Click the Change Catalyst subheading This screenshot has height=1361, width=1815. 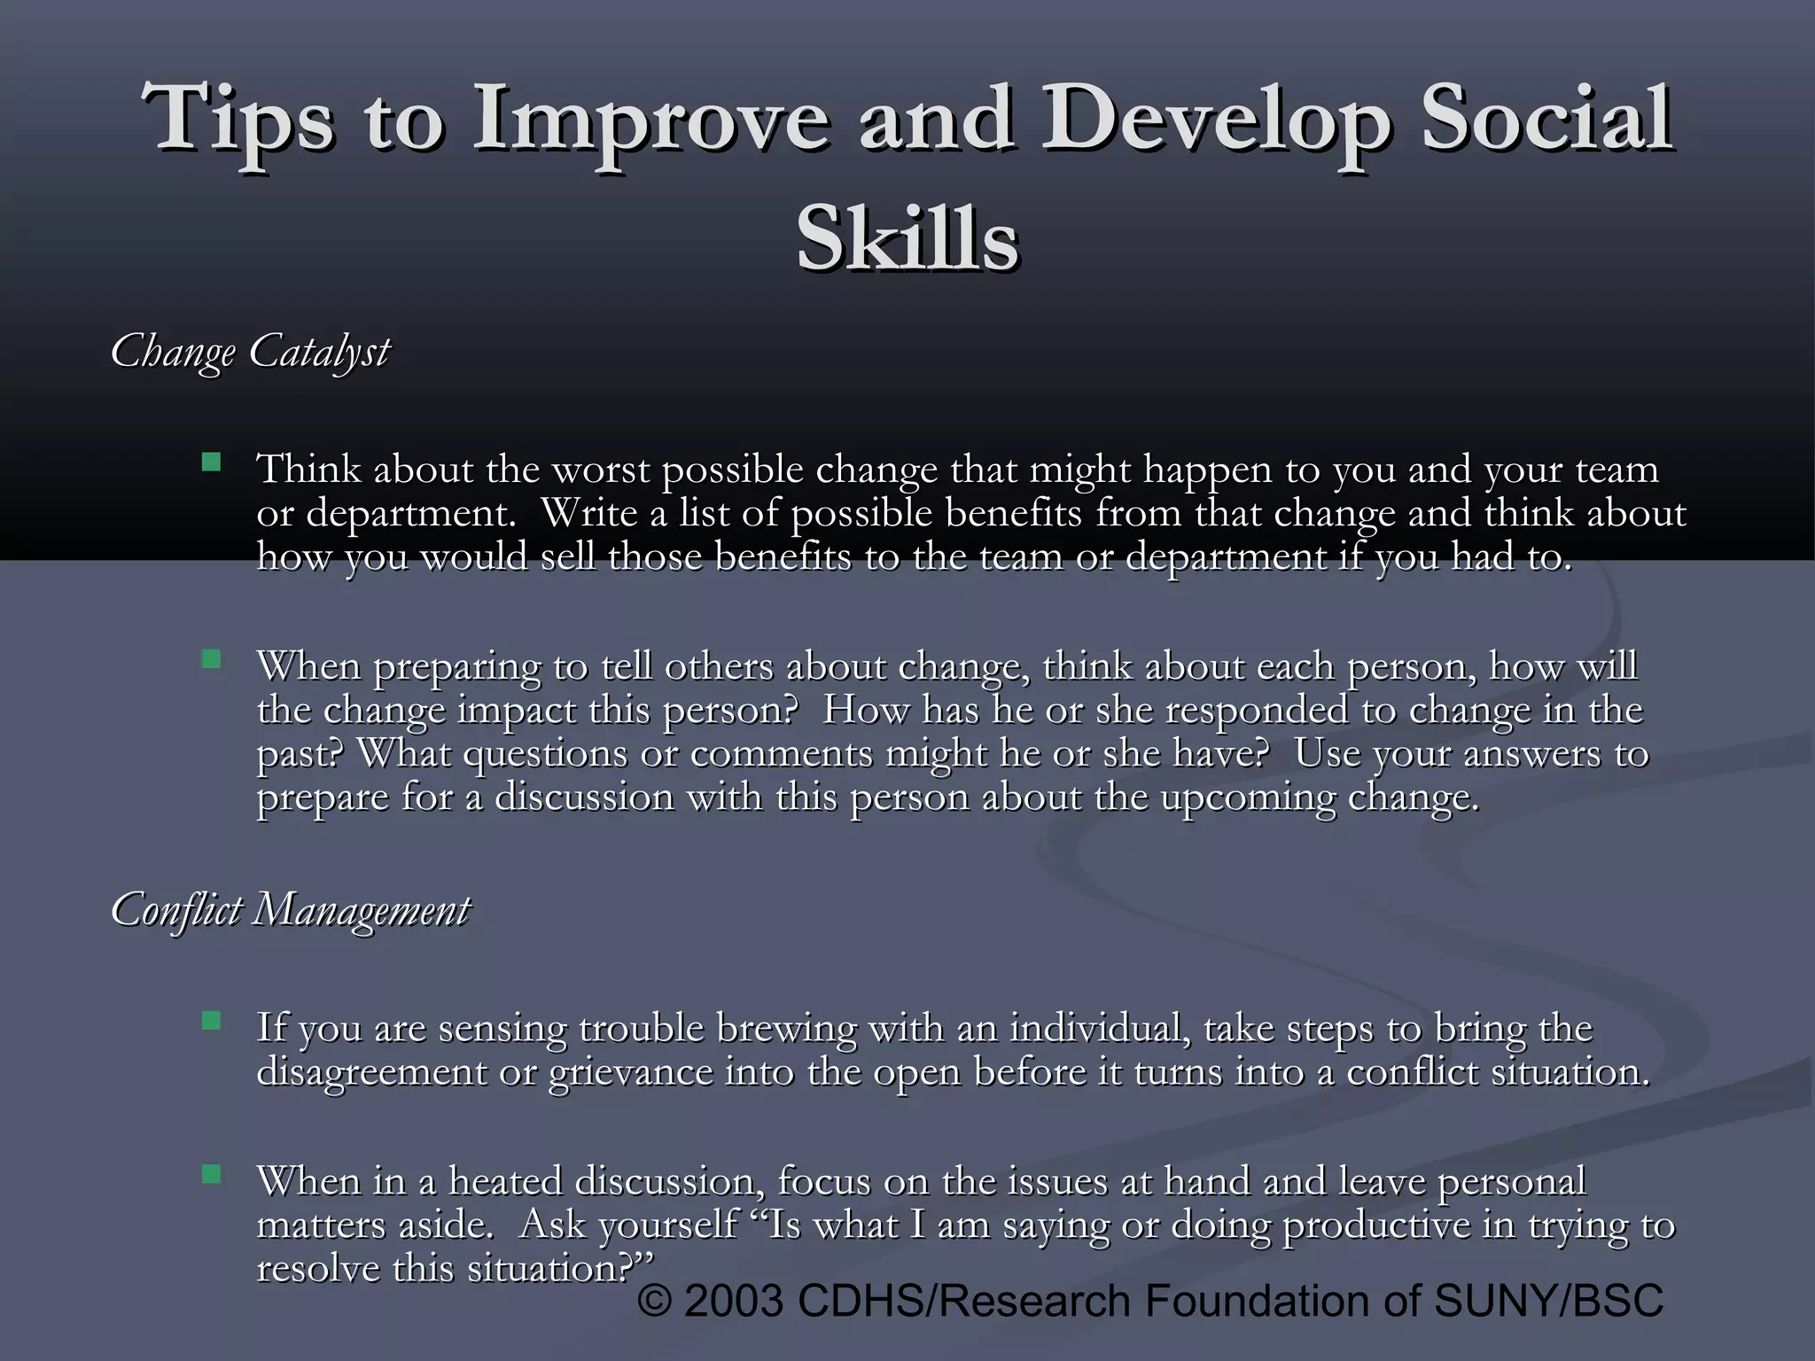pos(249,352)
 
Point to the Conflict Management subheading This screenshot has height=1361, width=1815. pos(290,910)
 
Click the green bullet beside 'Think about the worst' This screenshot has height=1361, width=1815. pos(211,462)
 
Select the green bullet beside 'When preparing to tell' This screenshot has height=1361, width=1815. pos(211,658)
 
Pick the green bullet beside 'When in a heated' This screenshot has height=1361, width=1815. pos(211,1174)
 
